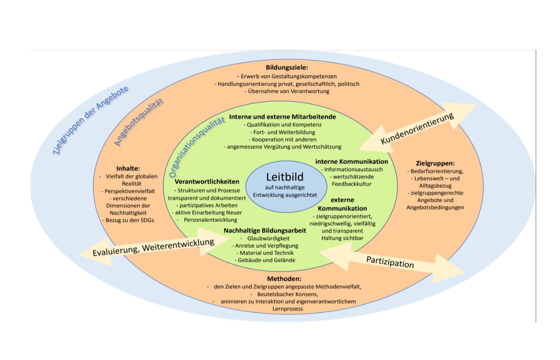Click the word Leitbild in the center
tap(285, 177)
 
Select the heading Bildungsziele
tap(287, 68)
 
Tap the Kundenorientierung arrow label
tap(417, 128)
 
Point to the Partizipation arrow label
tap(390, 262)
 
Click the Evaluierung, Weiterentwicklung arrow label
tap(153, 247)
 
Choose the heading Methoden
tap(284, 279)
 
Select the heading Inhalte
tap(128, 169)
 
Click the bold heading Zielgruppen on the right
tap(435, 163)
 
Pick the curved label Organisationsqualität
tap(196, 147)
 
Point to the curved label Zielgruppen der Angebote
tap(90, 120)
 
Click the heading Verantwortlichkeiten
tap(207, 182)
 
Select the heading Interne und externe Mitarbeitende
tap(283, 117)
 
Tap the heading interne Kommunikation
tap(352, 162)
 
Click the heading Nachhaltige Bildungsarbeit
tap(265, 231)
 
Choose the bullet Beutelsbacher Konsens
tap(287, 294)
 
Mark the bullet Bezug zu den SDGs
tap(130, 220)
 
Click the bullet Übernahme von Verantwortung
tap(289, 91)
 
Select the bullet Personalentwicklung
tap(210, 220)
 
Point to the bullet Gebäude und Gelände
tap(266, 260)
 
